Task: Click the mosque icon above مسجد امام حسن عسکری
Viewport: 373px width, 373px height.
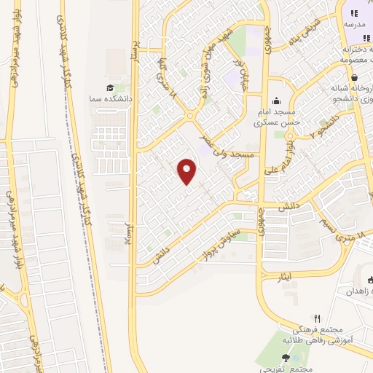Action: (276, 101)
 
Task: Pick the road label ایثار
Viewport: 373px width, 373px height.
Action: (286, 278)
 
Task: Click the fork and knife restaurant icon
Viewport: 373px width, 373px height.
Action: (317, 318)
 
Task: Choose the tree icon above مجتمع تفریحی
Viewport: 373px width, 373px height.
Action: (285, 358)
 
